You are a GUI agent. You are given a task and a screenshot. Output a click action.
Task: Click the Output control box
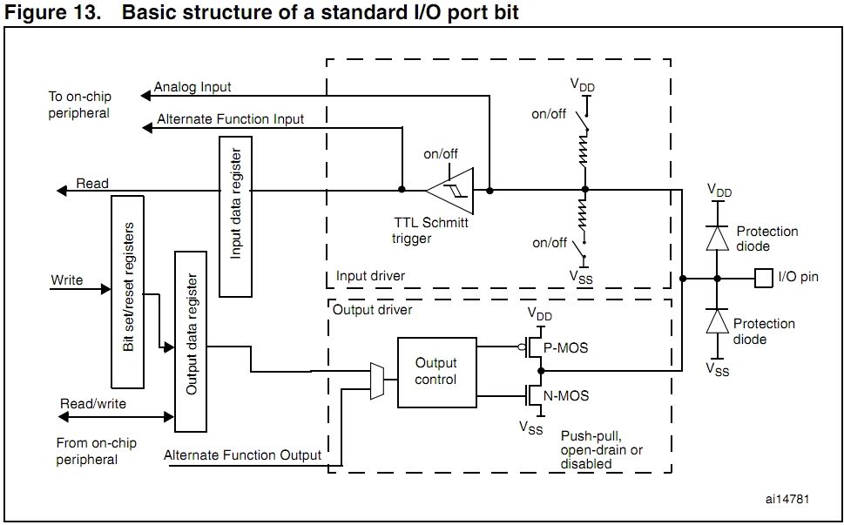[436, 372]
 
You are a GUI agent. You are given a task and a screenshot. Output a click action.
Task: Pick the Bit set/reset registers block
[129, 292]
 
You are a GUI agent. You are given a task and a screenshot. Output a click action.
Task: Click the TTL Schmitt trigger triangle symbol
[451, 189]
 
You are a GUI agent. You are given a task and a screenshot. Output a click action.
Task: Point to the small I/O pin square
[764, 279]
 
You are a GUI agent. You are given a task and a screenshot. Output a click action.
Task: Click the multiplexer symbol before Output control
[377, 380]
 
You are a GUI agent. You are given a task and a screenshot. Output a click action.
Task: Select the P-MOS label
[565, 348]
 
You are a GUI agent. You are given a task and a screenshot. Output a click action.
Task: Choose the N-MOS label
[565, 396]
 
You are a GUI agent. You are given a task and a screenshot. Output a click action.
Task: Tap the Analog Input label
[192, 88]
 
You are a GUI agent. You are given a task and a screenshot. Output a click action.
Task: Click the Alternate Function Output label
[242, 454]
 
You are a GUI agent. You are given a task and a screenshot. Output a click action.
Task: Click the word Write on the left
[67, 280]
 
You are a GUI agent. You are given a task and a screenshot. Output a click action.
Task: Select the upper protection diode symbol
[716, 238]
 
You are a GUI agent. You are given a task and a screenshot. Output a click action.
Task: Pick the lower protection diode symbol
[716, 321]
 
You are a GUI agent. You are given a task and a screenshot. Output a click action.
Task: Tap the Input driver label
[371, 277]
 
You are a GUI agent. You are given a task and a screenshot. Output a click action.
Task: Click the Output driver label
[373, 308]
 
